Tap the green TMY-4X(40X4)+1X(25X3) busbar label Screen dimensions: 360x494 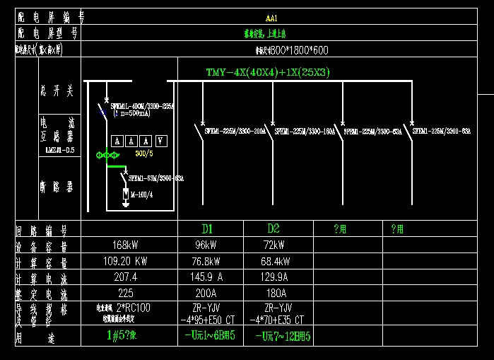[x=268, y=72]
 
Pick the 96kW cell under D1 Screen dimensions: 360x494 [x=208, y=246]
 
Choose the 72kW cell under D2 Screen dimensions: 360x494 [x=274, y=246]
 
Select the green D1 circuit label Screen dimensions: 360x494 [x=208, y=229]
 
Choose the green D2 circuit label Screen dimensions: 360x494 [x=274, y=229]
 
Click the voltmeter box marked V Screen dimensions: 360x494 [x=160, y=141]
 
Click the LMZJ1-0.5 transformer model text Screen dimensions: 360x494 [x=59, y=150]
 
